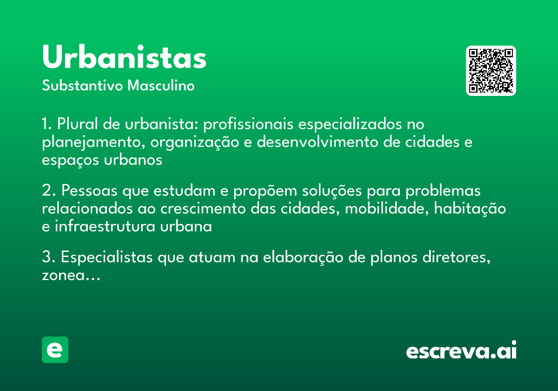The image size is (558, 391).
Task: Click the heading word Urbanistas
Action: pos(124,58)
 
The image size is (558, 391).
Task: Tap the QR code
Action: pos(491,71)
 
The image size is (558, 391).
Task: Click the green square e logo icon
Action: pos(55,350)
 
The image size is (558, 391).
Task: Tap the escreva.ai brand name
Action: pos(461,351)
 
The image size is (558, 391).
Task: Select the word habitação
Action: pos(470,209)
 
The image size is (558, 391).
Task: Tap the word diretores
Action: pos(459,257)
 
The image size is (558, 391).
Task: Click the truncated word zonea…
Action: pos(71,275)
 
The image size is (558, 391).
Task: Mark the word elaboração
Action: pos(303,257)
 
